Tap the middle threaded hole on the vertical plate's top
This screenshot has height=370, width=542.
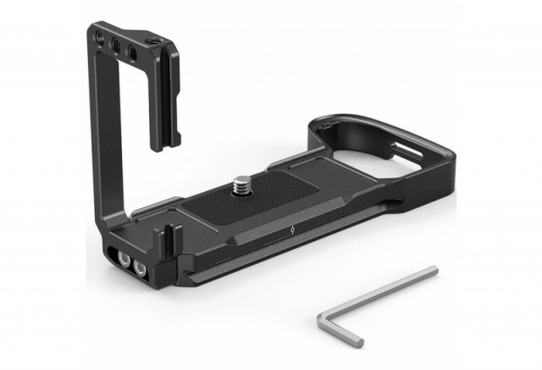(117, 43)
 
